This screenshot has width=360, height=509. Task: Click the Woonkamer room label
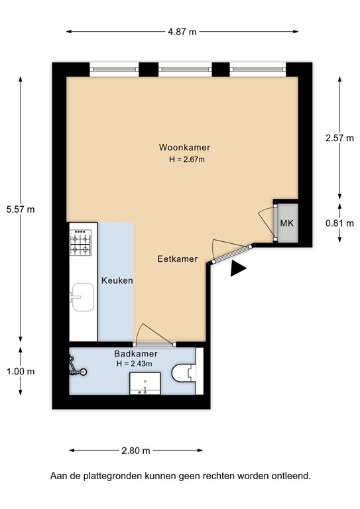coord(179,147)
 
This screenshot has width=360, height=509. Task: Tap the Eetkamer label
coord(177,259)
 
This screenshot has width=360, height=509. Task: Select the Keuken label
coord(117,280)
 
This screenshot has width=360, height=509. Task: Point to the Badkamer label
coord(135,353)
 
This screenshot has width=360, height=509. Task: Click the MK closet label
coord(286,223)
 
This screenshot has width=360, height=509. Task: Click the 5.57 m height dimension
coord(20,209)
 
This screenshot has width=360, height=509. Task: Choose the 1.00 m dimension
coord(20,371)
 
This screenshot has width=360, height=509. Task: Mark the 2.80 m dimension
coord(135,451)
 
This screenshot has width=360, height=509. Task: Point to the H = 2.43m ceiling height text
coord(135,363)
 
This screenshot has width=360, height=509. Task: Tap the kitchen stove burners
coord(81,243)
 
